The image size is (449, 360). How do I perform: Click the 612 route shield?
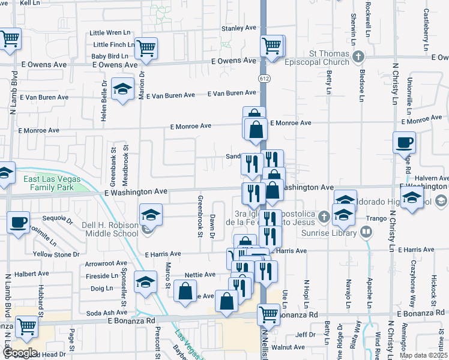(x=264, y=79)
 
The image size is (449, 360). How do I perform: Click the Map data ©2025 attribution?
(x=424, y=355)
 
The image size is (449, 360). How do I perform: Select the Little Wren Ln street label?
(x=110, y=32)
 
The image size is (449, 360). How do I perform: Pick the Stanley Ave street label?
(x=239, y=28)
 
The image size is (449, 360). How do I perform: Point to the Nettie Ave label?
(x=200, y=275)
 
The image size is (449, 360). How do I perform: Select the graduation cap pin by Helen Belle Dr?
(x=123, y=89)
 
